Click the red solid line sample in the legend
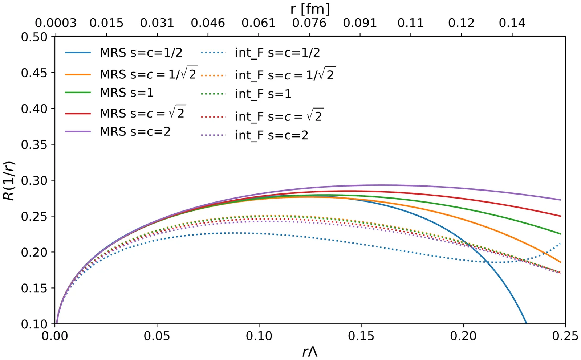(x=78, y=114)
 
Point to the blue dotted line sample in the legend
(x=213, y=53)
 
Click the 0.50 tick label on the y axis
(x=34, y=37)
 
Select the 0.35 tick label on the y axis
(x=34, y=145)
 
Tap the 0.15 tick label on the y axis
(x=34, y=288)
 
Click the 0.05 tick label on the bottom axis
(x=157, y=336)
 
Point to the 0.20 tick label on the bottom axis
(x=463, y=336)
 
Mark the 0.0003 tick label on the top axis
(x=56, y=23)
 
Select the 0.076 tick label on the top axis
(x=309, y=23)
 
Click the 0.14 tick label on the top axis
(x=512, y=23)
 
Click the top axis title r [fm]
(x=310, y=9)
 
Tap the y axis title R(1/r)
(x=9, y=180)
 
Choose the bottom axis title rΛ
(x=310, y=352)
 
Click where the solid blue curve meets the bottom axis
(x=527, y=323)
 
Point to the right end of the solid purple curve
(x=561, y=200)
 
